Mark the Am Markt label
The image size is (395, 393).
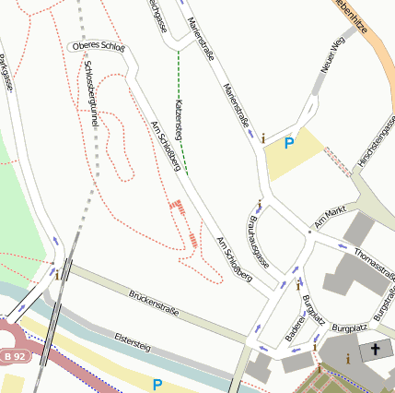coord(329,218)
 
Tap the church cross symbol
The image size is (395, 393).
coord(375,351)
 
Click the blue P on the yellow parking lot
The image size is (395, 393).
coord(289,143)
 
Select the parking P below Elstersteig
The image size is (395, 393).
coord(157,384)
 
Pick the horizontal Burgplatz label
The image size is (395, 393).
coord(349,327)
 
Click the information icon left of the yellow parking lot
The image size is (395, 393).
coord(263,138)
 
